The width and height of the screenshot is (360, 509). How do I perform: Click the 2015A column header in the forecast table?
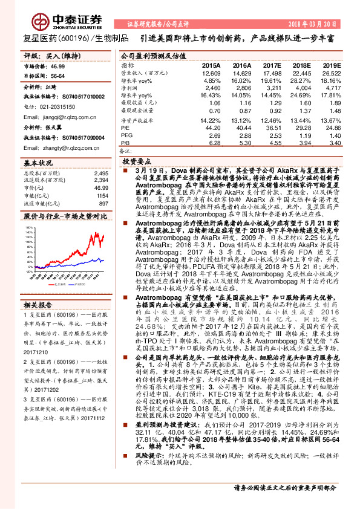tap(211, 65)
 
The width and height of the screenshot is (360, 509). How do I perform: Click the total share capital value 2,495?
tap(101, 173)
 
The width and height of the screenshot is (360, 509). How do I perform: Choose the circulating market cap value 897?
tap(103, 203)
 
